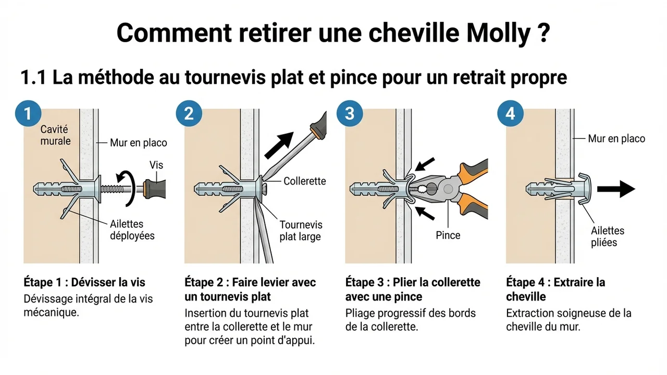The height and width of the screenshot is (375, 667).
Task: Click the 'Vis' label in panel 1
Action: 155,165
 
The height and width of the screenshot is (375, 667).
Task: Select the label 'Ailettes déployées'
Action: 132,230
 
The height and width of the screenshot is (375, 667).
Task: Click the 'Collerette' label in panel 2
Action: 304,181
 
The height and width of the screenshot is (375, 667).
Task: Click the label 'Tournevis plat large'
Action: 301,231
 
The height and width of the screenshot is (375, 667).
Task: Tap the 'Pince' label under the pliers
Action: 448,235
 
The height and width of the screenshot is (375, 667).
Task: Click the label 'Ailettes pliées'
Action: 607,236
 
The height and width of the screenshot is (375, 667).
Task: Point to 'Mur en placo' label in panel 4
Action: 616,139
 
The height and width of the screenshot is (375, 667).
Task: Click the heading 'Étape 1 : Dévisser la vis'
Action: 84,282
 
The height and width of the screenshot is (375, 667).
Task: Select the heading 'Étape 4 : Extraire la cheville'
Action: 555,289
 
